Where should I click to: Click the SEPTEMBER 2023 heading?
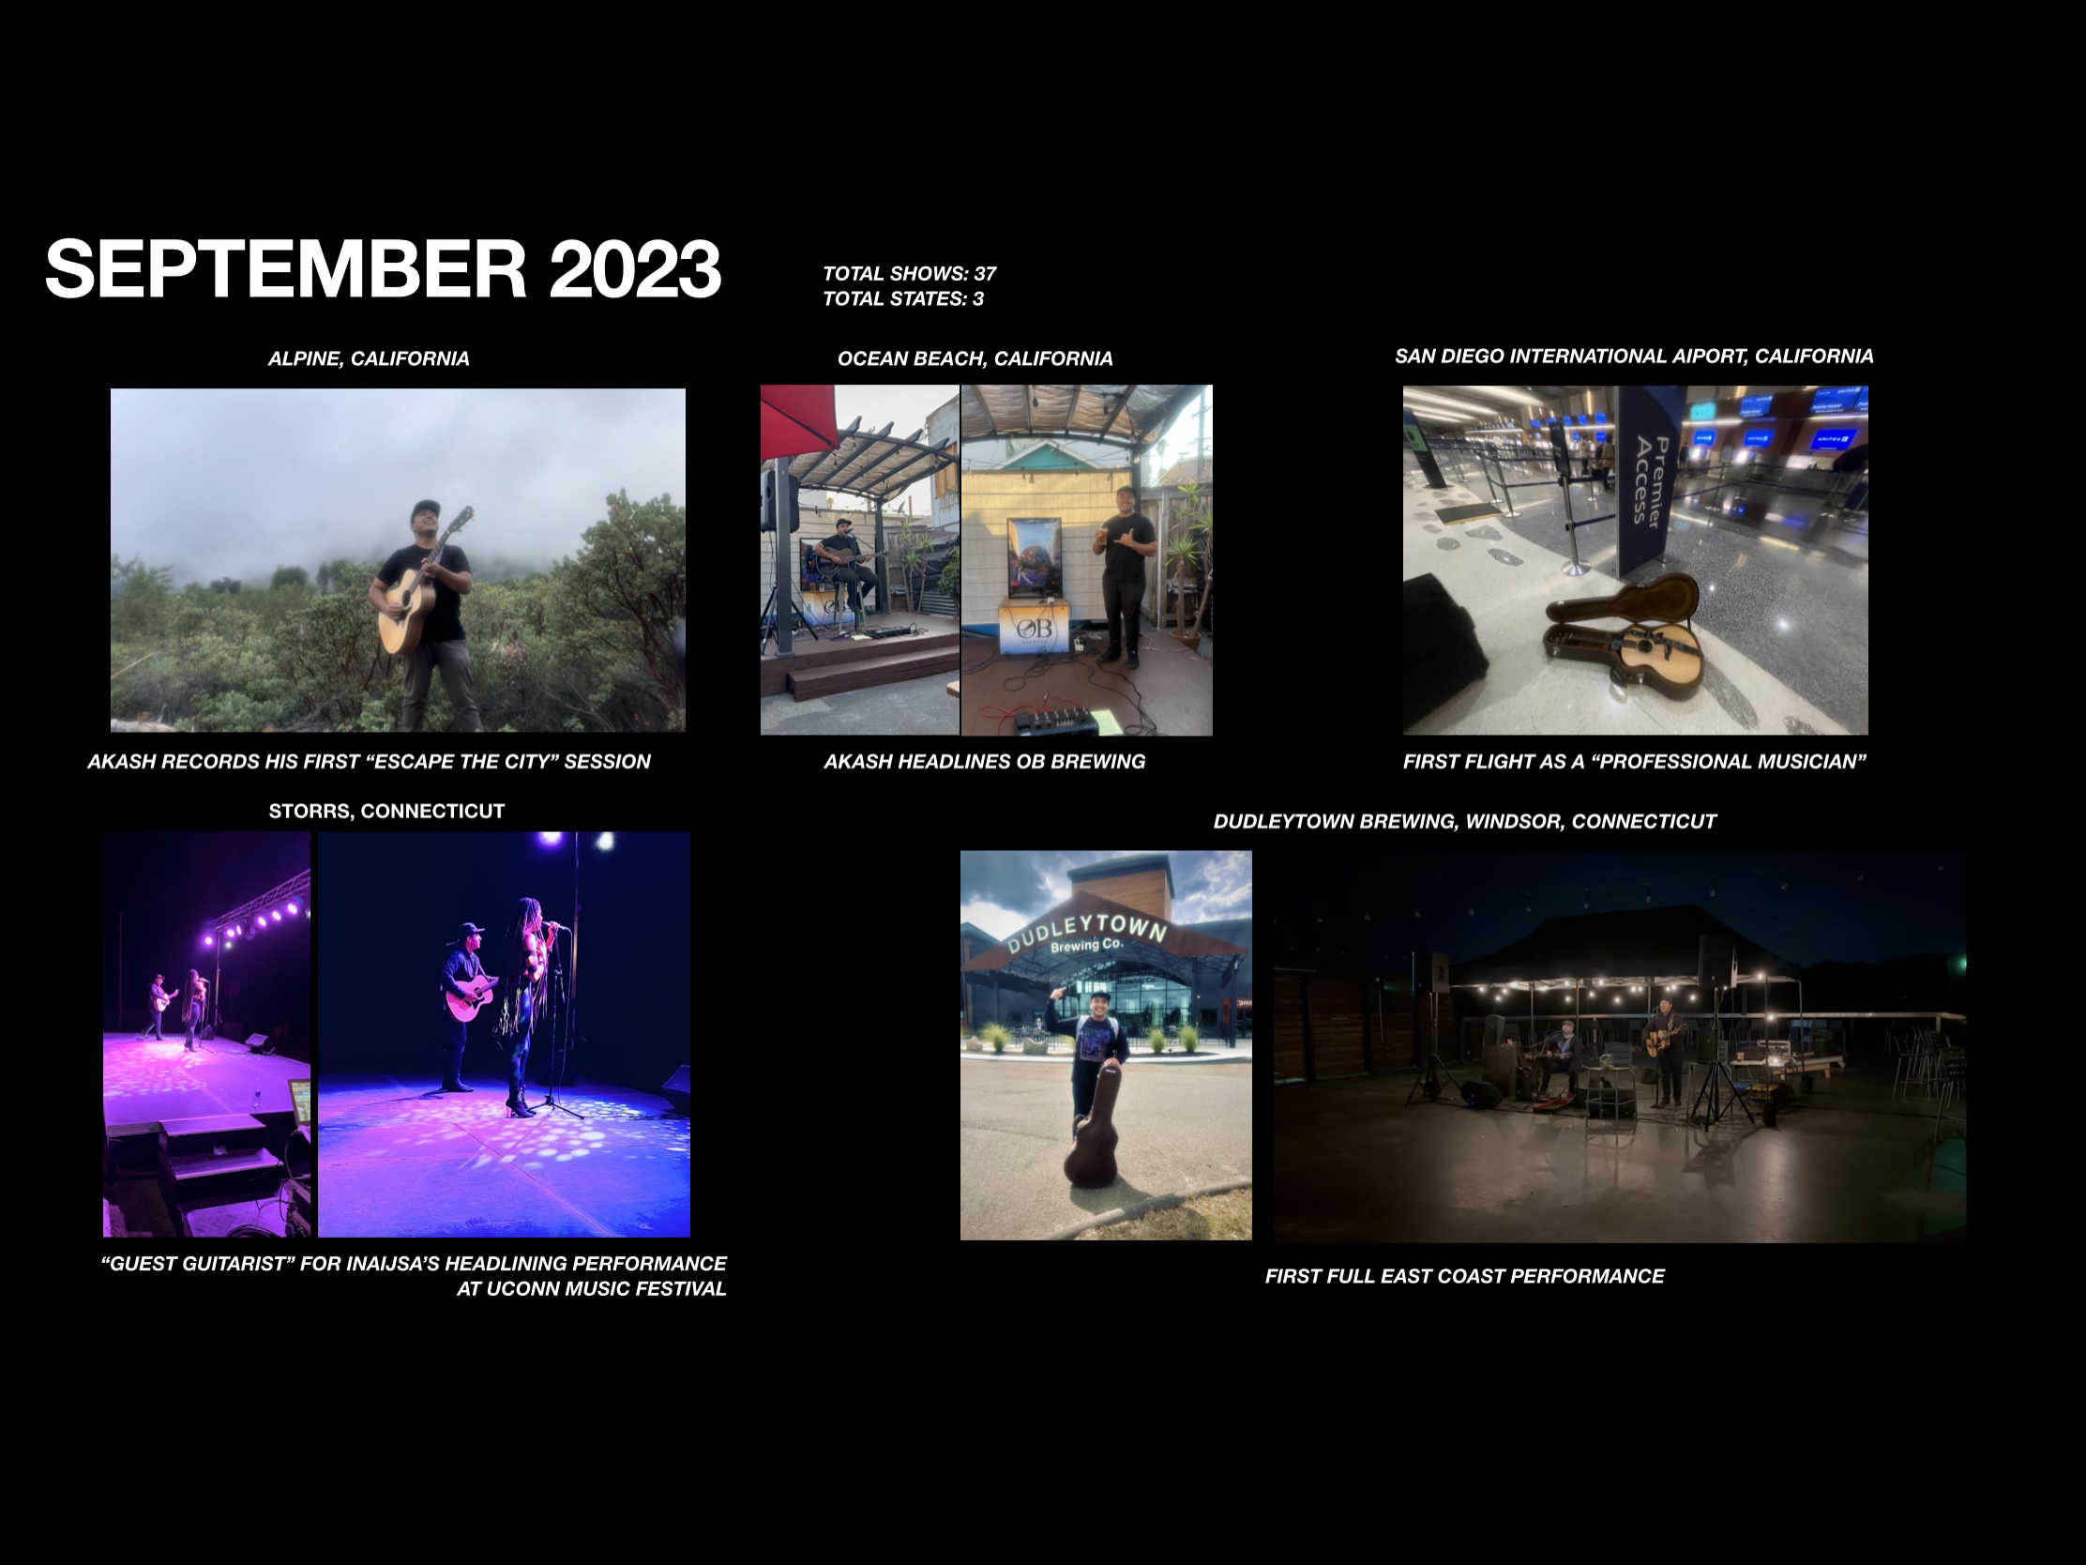coord(383,269)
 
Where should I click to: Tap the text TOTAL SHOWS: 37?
coord(909,274)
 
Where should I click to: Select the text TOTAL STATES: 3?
coord(902,299)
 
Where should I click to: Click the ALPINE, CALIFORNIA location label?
coord(369,358)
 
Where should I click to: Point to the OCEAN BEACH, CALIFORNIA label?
coord(975,358)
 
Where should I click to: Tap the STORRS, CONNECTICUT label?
coord(386,812)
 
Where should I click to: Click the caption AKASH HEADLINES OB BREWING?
coord(985,761)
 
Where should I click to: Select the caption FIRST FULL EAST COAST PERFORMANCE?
coord(1464,1276)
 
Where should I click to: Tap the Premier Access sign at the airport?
coord(1650,480)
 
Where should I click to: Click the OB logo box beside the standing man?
coord(1035,628)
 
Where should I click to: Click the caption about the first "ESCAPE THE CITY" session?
coord(369,761)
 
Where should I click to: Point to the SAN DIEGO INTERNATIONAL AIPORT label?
coord(1633,357)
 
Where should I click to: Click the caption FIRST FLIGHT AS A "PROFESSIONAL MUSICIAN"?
coord(1634,761)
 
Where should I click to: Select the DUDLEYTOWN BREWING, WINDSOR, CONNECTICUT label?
coord(1464,822)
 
